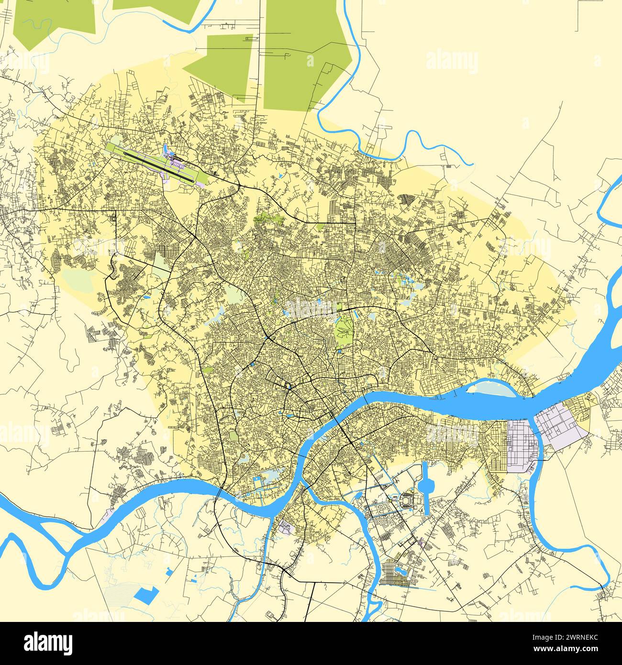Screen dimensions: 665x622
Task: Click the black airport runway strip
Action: click(158, 165)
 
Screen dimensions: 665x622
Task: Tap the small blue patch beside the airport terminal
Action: click(167, 149)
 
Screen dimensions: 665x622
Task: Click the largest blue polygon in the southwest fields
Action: click(146, 595)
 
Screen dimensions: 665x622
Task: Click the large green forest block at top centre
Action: click(306, 53)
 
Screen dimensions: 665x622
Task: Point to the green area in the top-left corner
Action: click(53, 19)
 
